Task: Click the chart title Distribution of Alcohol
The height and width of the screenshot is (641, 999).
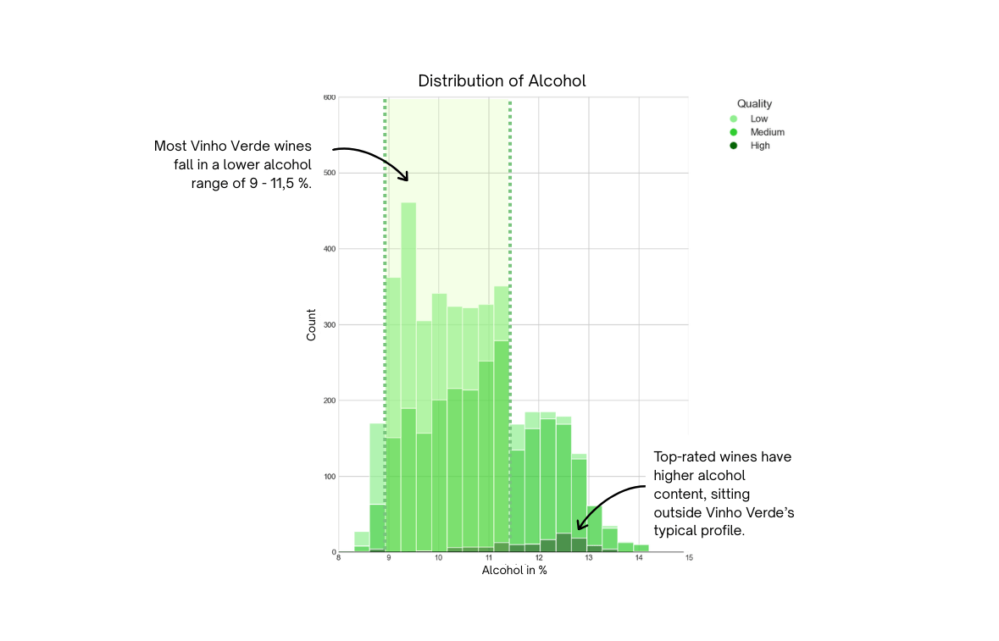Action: pyautogui.click(x=502, y=81)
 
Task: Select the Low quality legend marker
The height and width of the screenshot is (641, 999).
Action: pyautogui.click(x=734, y=119)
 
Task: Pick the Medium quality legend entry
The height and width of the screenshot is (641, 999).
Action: pyautogui.click(x=767, y=132)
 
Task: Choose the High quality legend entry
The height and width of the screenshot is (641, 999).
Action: pyautogui.click(x=759, y=146)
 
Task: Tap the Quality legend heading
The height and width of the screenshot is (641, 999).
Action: pyautogui.click(x=754, y=104)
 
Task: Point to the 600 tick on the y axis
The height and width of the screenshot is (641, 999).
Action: pyautogui.click(x=330, y=97)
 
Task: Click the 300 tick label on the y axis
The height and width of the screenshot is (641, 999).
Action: pyautogui.click(x=330, y=324)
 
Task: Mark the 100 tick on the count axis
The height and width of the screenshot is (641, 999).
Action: pyautogui.click(x=330, y=477)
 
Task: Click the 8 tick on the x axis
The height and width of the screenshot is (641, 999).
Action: pyautogui.click(x=338, y=558)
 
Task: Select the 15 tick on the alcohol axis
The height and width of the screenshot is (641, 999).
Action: pyautogui.click(x=689, y=558)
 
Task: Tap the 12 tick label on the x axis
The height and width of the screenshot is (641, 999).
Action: pyautogui.click(x=539, y=558)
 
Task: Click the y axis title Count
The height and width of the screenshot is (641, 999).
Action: pyautogui.click(x=311, y=325)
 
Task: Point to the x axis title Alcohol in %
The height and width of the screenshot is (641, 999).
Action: pyautogui.click(x=514, y=571)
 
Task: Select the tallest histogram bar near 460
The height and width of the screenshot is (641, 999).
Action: pyautogui.click(x=408, y=339)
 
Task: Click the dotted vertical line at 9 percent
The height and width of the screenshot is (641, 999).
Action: pyautogui.click(x=386, y=254)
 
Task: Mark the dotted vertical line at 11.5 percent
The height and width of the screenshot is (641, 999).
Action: pyautogui.click(x=510, y=254)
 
